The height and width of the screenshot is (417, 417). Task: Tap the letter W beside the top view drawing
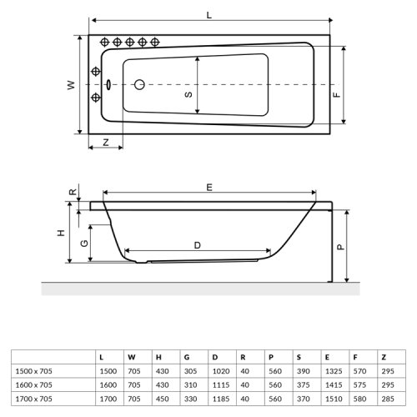[72, 85]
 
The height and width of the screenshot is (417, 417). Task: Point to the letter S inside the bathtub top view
[188, 94]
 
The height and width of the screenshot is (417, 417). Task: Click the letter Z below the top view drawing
[106, 143]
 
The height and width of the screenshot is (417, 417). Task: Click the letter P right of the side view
[339, 247]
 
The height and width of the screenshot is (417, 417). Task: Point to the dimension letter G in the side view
[83, 243]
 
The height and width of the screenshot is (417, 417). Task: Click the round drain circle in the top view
[139, 84]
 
